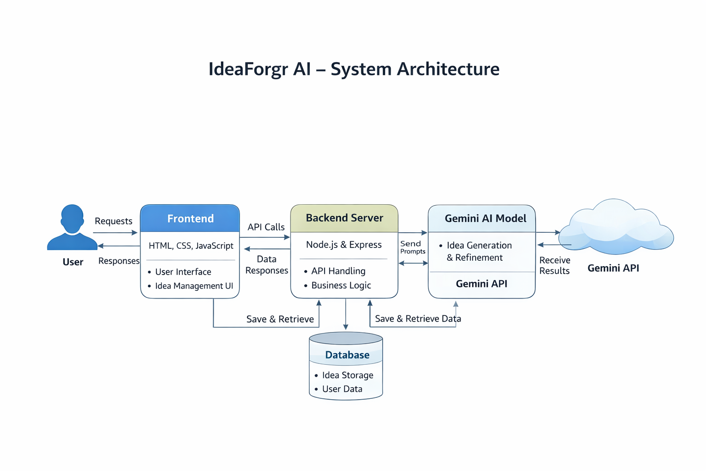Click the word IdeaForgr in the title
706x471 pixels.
tap(248, 69)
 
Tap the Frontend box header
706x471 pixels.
tap(190, 218)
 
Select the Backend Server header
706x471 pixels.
tap(344, 218)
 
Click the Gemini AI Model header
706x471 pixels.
tap(482, 218)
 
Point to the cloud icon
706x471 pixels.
tap(616, 226)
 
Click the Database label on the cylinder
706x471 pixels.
tap(347, 355)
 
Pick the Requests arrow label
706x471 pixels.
tap(114, 221)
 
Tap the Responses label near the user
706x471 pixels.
tap(119, 261)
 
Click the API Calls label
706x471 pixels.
tap(266, 227)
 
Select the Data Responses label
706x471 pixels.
tap(267, 264)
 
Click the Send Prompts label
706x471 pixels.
tap(413, 247)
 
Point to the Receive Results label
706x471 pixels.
tap(555, 265)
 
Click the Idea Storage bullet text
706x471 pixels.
tap(347, 375)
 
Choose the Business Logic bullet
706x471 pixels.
tap(341, 285)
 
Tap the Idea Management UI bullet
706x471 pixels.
tap(194, 286)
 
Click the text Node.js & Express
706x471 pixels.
tap(344, 245)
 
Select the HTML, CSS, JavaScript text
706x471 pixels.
tap(191, 246)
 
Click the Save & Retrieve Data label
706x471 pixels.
tap(418, 319)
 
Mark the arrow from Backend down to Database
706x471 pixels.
tap(346, 314)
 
